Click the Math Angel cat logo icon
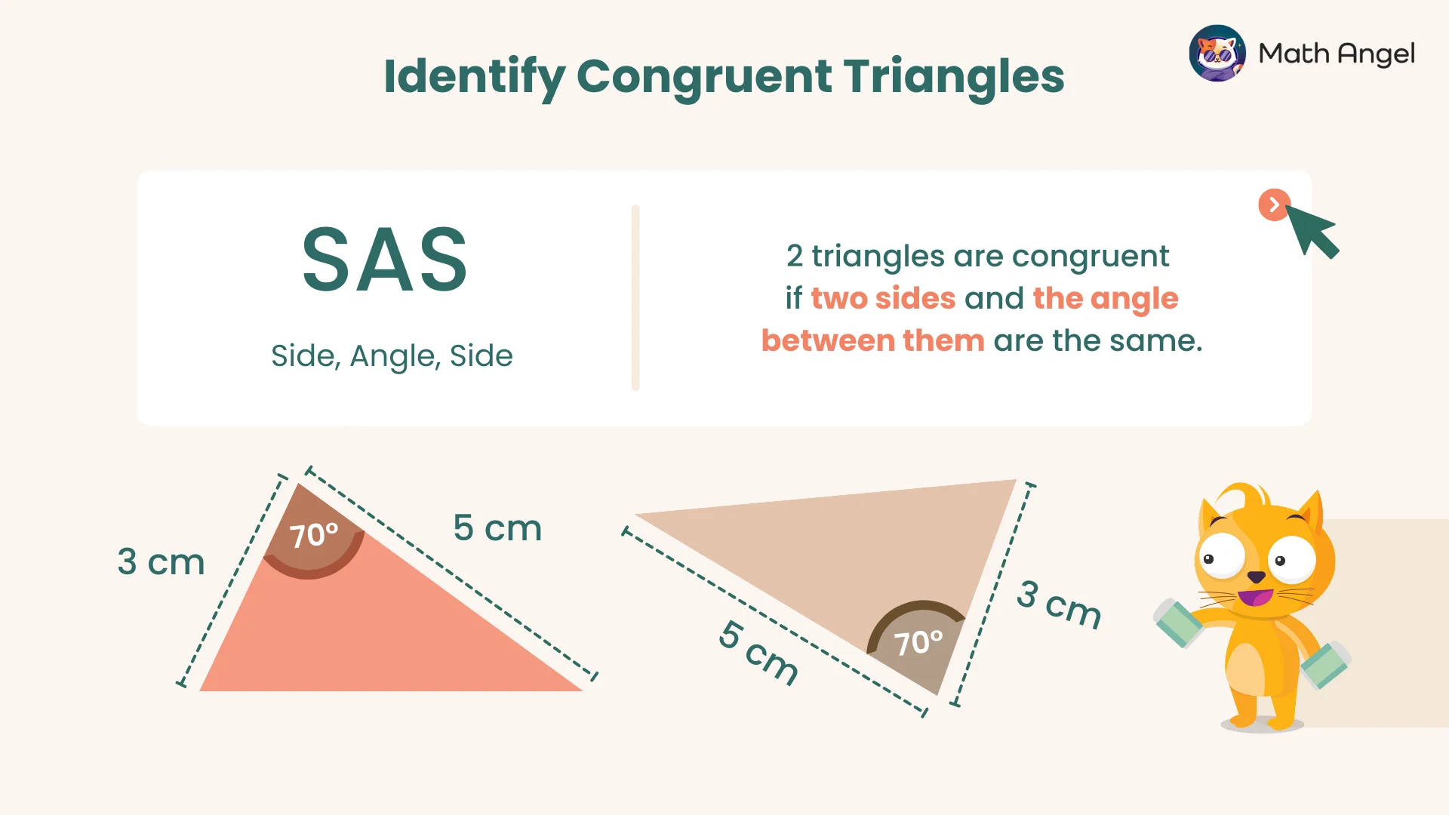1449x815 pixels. coord(1217,53)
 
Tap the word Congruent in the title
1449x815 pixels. coord(705,76)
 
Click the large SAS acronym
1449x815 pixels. coord(385,260)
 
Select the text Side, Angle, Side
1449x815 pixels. coord(392,355)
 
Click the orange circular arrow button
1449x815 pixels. coord(1274,205)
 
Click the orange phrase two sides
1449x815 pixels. coord(883,298)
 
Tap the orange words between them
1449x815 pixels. coord(872,340)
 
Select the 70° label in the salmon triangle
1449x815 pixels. coord(314,535)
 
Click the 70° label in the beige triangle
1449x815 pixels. coord(918,643)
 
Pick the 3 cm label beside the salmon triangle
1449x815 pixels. coord(161,562)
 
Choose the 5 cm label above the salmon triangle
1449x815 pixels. coord(497,527)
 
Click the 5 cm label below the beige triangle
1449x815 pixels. coord(758,653)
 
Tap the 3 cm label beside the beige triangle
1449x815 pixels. coord(1059,604)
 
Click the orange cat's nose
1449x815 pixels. coord(1256,577)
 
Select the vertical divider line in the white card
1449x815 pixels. coord(635,297)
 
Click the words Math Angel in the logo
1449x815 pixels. coord(1337,54)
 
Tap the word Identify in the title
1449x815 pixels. coord(474,76)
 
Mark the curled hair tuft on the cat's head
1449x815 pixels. coord(1241,497)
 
